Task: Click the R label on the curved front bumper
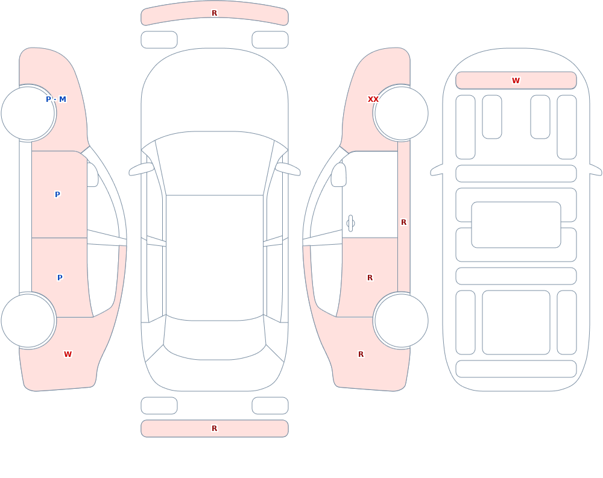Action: [x=214, y=13]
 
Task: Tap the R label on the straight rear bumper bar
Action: [x=214, y=429]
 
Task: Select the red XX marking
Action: [x=373, y=99]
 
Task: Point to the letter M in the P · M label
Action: [x=63, y=99]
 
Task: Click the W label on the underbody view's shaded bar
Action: [x=516, y=80]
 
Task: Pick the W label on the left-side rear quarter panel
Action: [x=68, y=354]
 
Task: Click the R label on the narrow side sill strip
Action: [x=403, y=222]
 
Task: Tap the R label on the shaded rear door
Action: [x=370, y=278]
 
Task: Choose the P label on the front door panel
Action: [x=57, y=195]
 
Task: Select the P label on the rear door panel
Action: [x=60, y=278]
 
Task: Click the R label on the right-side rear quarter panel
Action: [x=361, y=354]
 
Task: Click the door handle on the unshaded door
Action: [x=350, y=224]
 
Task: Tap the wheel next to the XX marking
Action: [x=401, y=113]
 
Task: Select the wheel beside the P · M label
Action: [x=28, y=113]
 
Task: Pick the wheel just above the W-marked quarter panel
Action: [x=28, y=320]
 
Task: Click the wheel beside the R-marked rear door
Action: [x=401, y=320]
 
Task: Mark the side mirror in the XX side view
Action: [x=338, y=175]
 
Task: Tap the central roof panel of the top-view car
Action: [x=215, y=257]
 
